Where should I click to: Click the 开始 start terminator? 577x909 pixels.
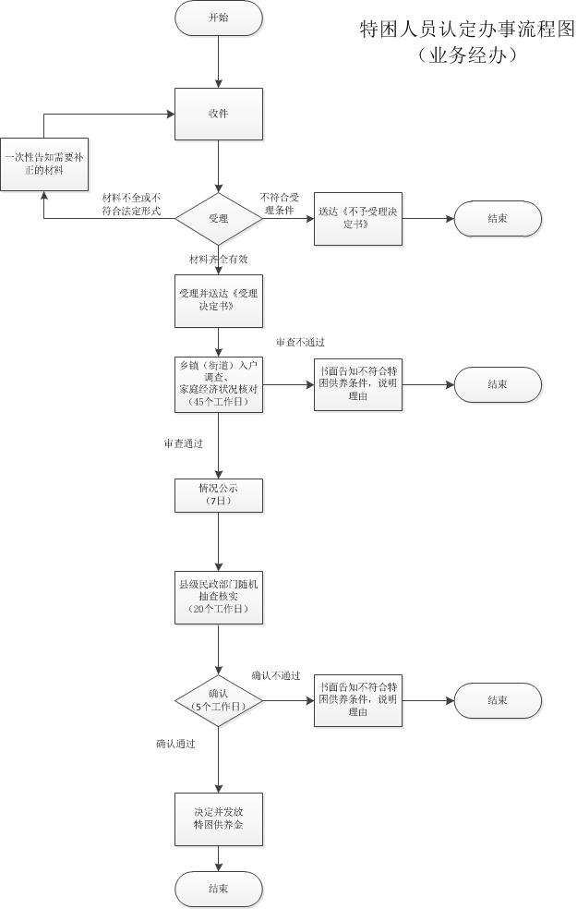(219, 18)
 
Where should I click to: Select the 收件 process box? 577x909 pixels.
(219, 114)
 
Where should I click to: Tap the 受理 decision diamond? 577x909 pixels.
(219, 218)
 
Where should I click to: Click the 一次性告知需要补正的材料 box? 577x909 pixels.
(43, 164)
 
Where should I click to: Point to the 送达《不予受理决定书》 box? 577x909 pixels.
(357, 218)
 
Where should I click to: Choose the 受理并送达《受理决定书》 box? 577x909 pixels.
(219, 300)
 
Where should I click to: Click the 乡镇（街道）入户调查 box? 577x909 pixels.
(219, 383)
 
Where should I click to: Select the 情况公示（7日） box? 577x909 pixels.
(219, 494)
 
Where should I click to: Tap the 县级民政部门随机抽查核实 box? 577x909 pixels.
(219, 597)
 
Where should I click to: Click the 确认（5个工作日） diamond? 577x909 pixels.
(219, 700)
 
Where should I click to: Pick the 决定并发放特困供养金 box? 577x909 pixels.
(219, 818)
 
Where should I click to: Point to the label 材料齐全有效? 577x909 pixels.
(219, 258)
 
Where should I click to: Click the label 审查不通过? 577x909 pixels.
(300, 343)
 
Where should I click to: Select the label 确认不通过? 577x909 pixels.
(276, 675)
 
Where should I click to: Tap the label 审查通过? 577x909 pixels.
(184, 443)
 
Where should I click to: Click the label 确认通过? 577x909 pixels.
(175, 743)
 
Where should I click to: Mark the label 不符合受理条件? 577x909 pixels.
(279, 203)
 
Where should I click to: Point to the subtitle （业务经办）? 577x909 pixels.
(466, 55)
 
